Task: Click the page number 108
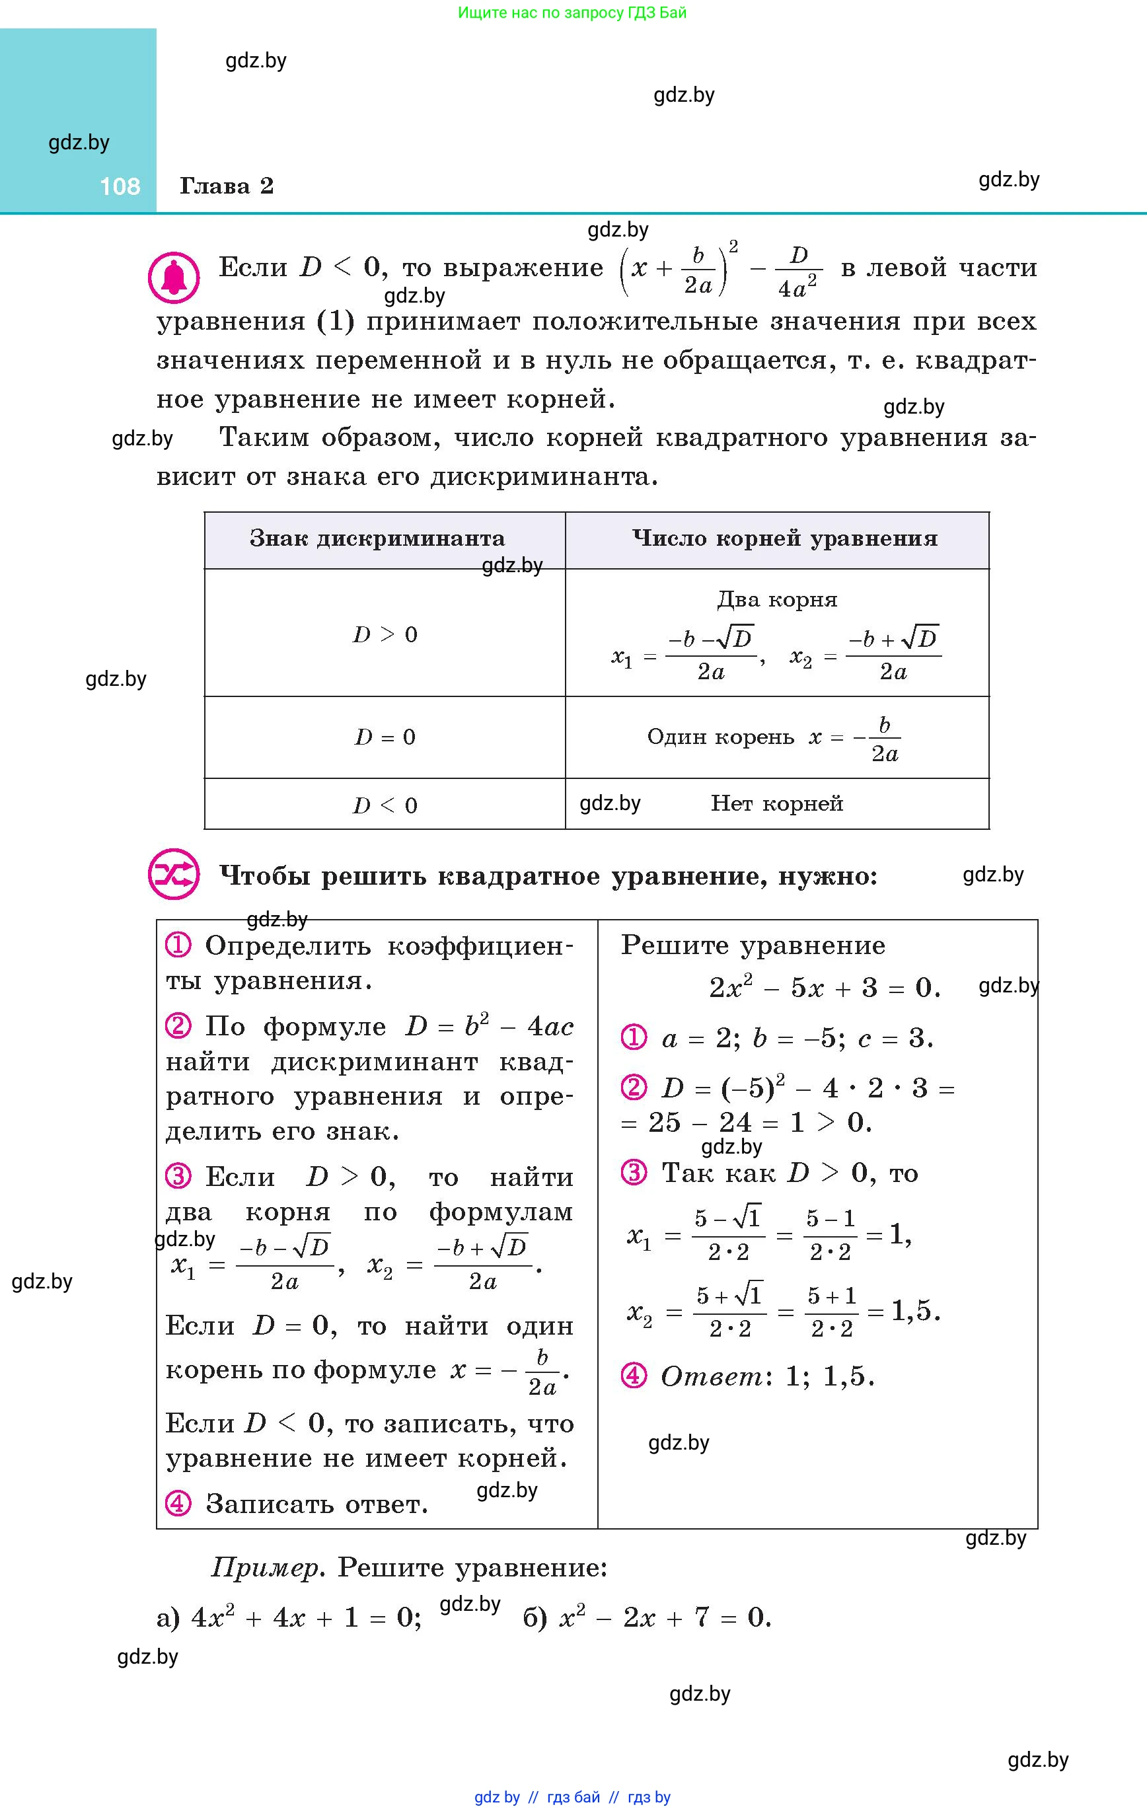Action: (x=120, y=186)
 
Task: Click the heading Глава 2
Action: (x=226, y=186)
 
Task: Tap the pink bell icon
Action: (x=174, y=277)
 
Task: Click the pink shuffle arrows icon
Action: (x=174, y=875)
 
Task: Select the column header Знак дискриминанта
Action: (x=377, y=539)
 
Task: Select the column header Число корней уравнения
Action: (x=785, y=539)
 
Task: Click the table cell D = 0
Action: (x=385, y=737)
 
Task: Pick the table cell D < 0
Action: (x=385, y=805)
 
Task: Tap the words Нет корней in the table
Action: (x=776, y=804)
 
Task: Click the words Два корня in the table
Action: (x=776, y=600)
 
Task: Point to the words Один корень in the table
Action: (x=720, y=737)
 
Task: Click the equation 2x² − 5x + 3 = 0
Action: (x=825, y=988)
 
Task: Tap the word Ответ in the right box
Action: (x=712, y=1377)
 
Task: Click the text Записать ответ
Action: (x=316, y=1504)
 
